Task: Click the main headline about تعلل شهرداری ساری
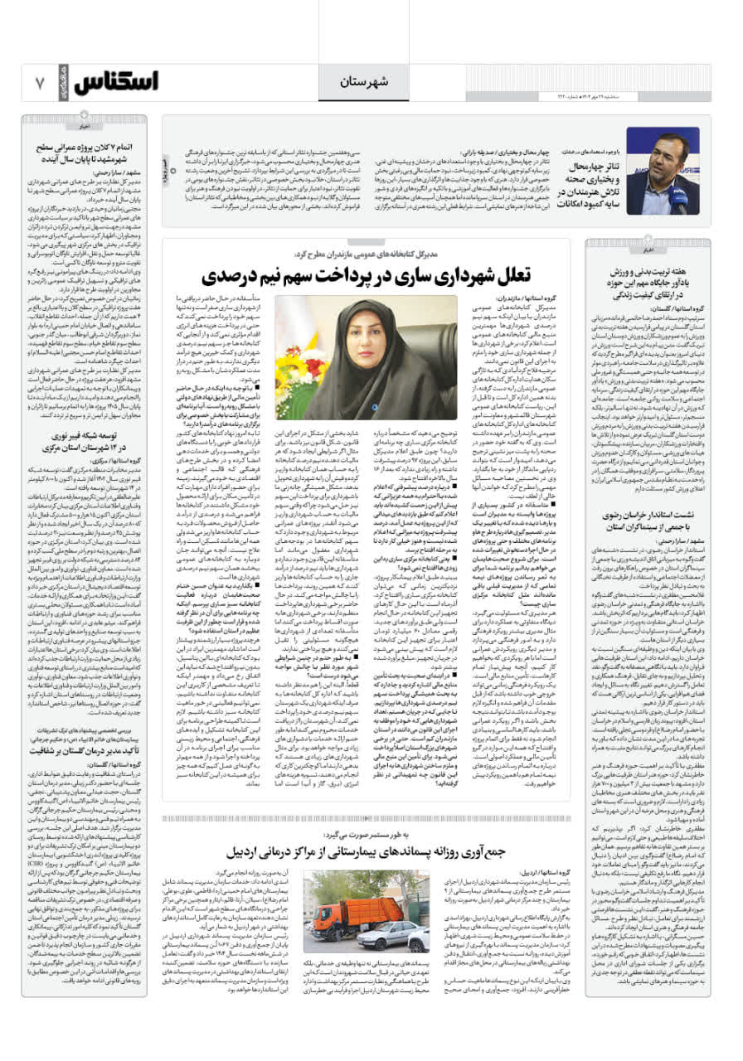[x=366, y=275]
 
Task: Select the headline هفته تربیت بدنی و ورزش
[x=648, y=283]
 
